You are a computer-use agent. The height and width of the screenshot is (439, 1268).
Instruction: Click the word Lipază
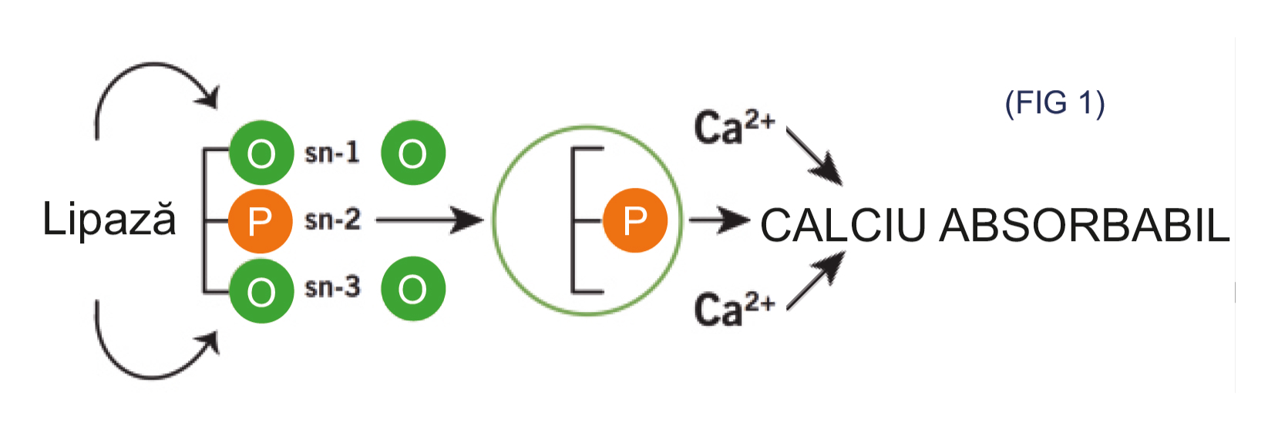pos(109,220)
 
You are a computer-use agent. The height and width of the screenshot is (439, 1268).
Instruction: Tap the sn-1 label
pos(332,152)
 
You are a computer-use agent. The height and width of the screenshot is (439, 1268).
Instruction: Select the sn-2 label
pos(332,220)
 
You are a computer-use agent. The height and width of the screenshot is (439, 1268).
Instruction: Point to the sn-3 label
pos(332,288)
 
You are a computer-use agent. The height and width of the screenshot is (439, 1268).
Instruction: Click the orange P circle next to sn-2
pos(261,221)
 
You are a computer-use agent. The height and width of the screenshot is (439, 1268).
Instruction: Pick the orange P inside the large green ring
pos(634,221)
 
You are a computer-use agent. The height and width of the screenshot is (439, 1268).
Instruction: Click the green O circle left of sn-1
pos(261,152)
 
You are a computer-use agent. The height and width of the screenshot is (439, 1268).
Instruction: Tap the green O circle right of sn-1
pos(413,152)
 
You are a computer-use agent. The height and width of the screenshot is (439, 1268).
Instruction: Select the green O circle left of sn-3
pos(261,290)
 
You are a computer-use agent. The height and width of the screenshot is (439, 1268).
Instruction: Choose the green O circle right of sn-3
pos(413,289)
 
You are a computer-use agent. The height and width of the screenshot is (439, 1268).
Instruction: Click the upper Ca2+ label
pos(733,128)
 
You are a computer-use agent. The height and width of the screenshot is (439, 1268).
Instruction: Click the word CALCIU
pos(842,226)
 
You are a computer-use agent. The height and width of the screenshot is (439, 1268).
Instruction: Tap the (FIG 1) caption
pos(1054,102)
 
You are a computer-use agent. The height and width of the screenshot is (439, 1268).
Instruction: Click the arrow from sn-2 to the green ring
pos(429,220)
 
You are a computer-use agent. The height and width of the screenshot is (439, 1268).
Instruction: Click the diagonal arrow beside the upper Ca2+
pos(815,157)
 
